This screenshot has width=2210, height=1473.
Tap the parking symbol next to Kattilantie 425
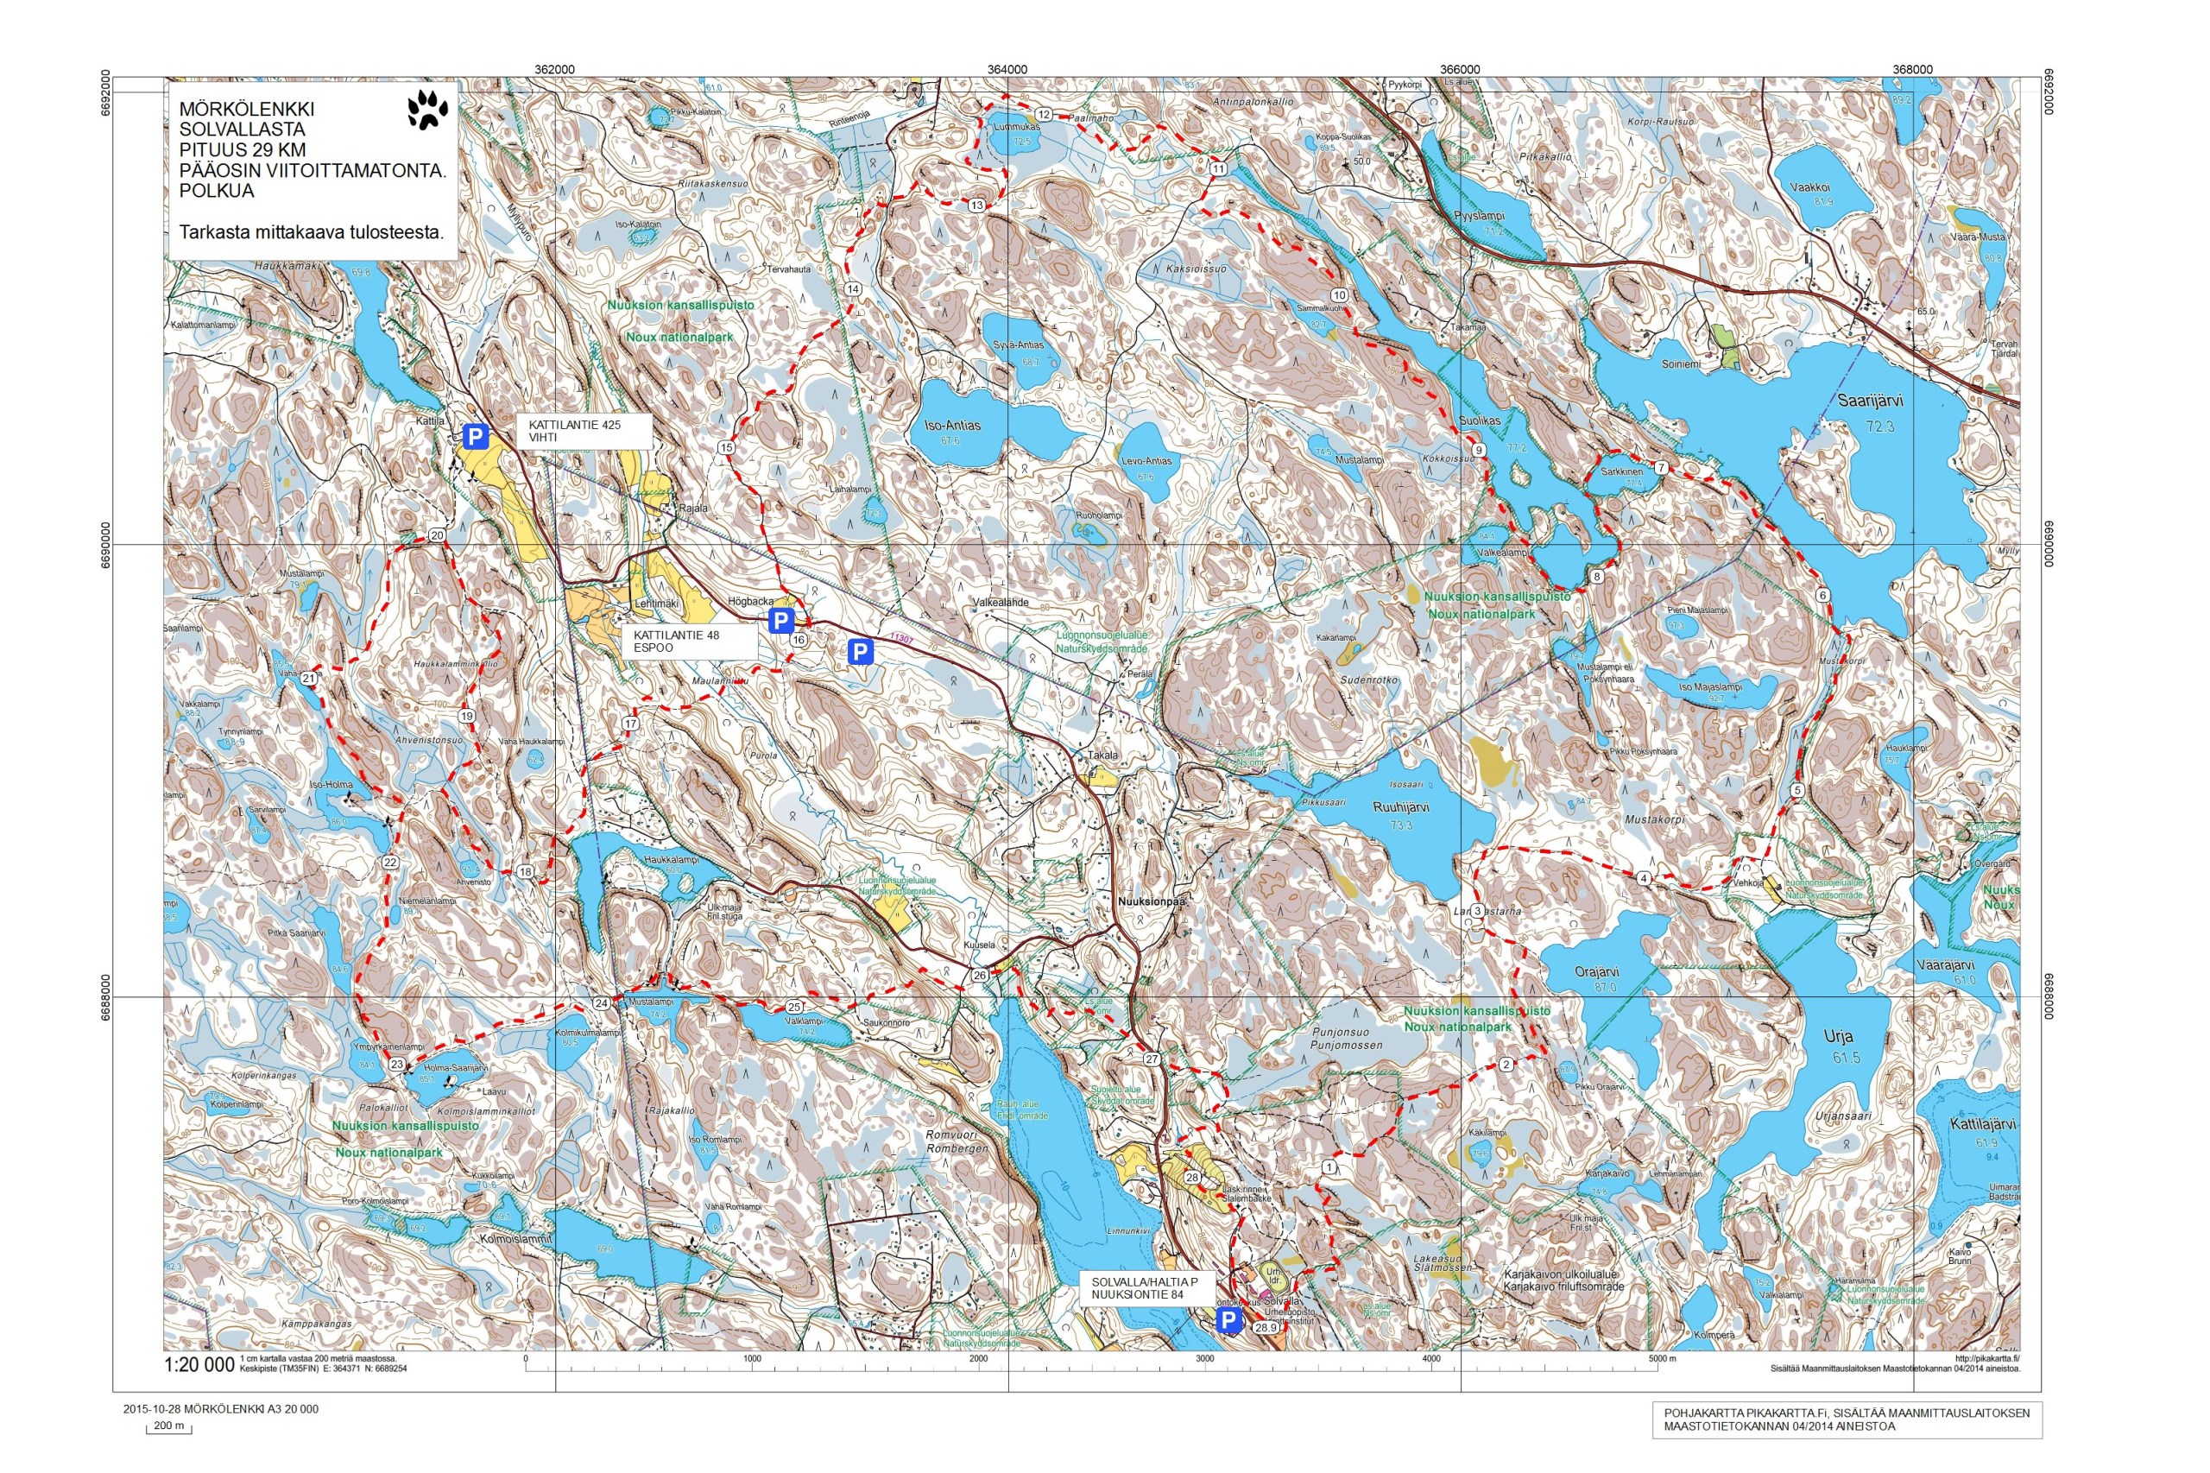click(476, 436)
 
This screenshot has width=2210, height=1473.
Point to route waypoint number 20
click(437, 535)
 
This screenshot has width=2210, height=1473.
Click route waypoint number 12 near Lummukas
click(1044, 114)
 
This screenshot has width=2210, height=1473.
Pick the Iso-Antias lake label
click(951, 426)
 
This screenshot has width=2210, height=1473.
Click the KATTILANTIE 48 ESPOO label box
click(688, 642)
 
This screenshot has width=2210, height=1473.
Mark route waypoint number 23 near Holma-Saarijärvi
click(396, 1065)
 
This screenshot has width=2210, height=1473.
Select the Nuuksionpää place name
click(1152, 900)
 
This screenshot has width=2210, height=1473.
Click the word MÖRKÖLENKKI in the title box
click(247, 109)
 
